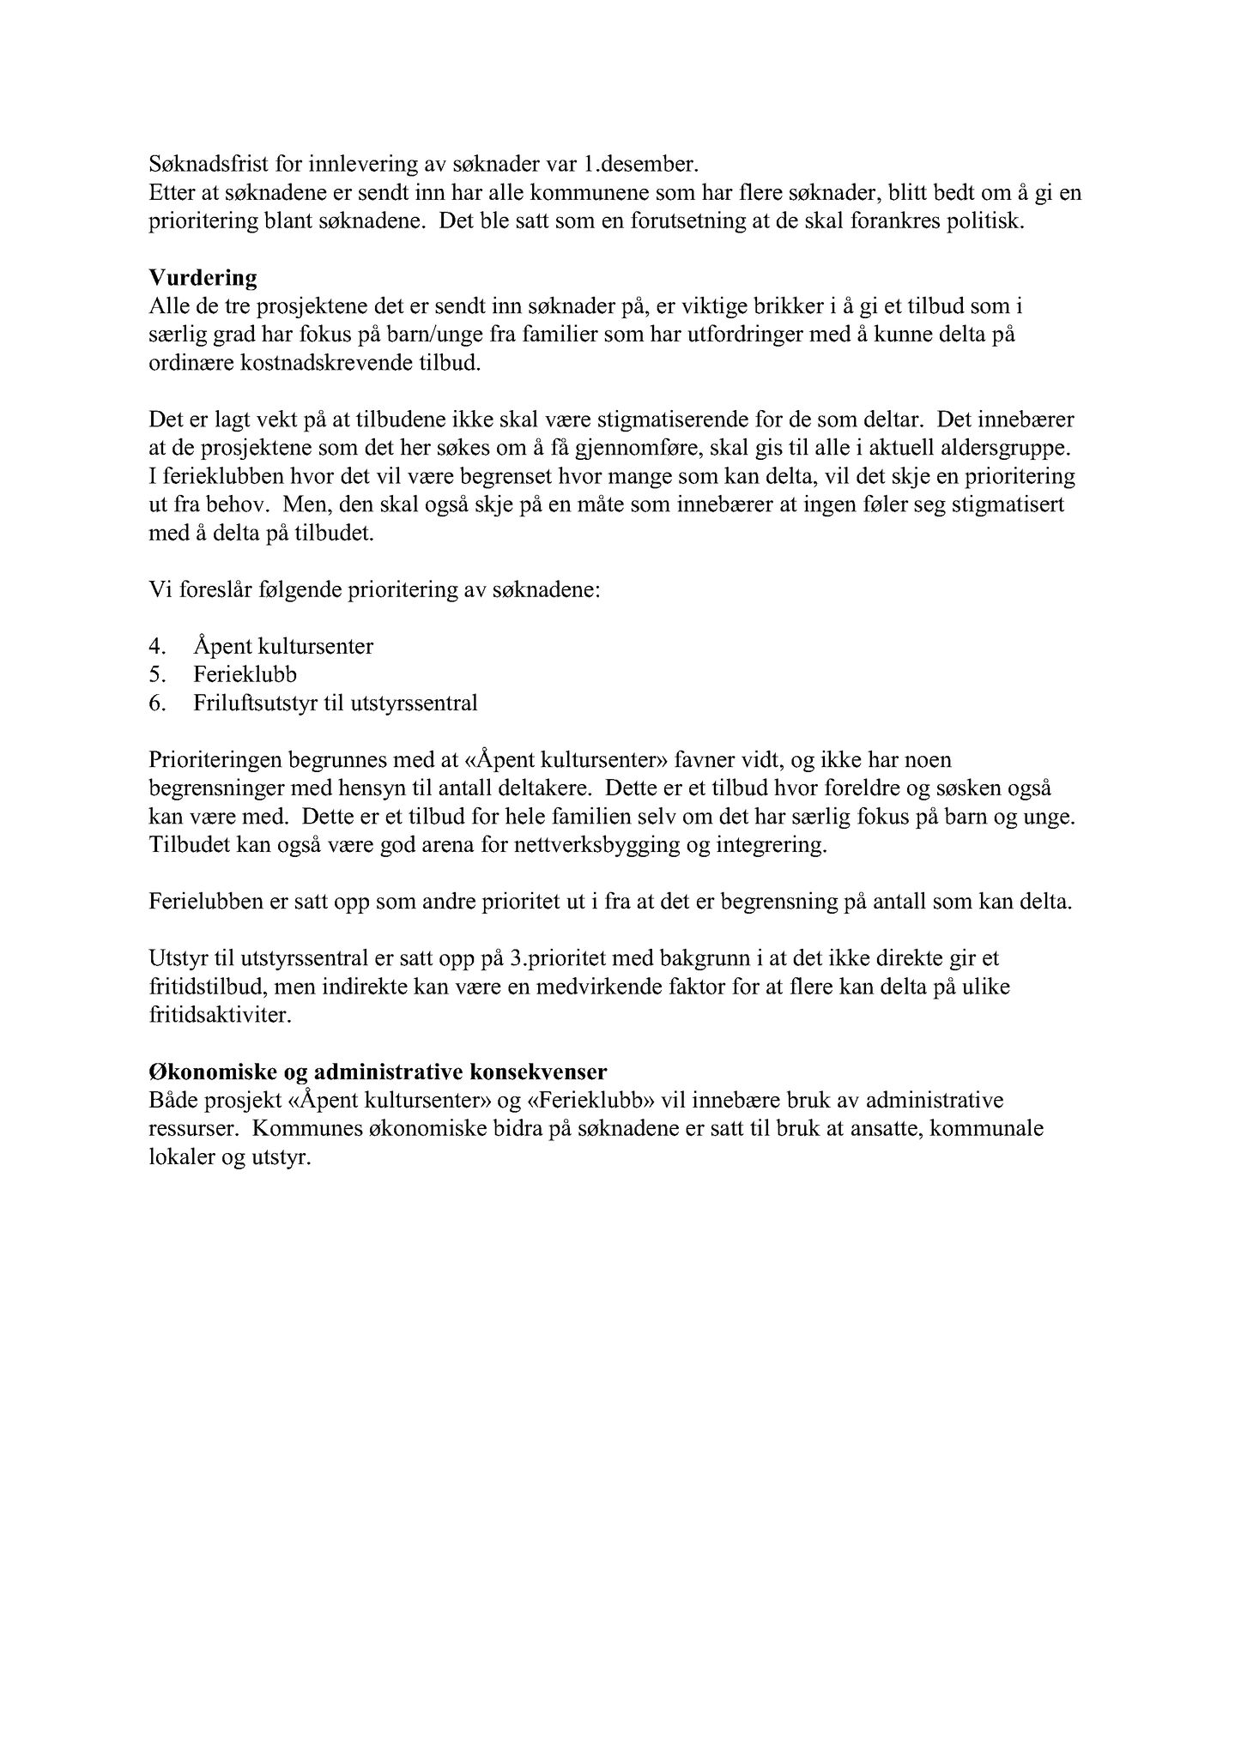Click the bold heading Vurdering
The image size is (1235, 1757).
[203, 278]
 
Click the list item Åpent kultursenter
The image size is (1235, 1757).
[283, 646]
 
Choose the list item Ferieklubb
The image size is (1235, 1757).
[245, 674]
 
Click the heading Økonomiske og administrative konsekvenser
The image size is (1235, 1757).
[378, 1072]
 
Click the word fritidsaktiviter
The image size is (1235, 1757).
[220, 1016]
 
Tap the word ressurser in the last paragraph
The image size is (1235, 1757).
[190, 1129]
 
